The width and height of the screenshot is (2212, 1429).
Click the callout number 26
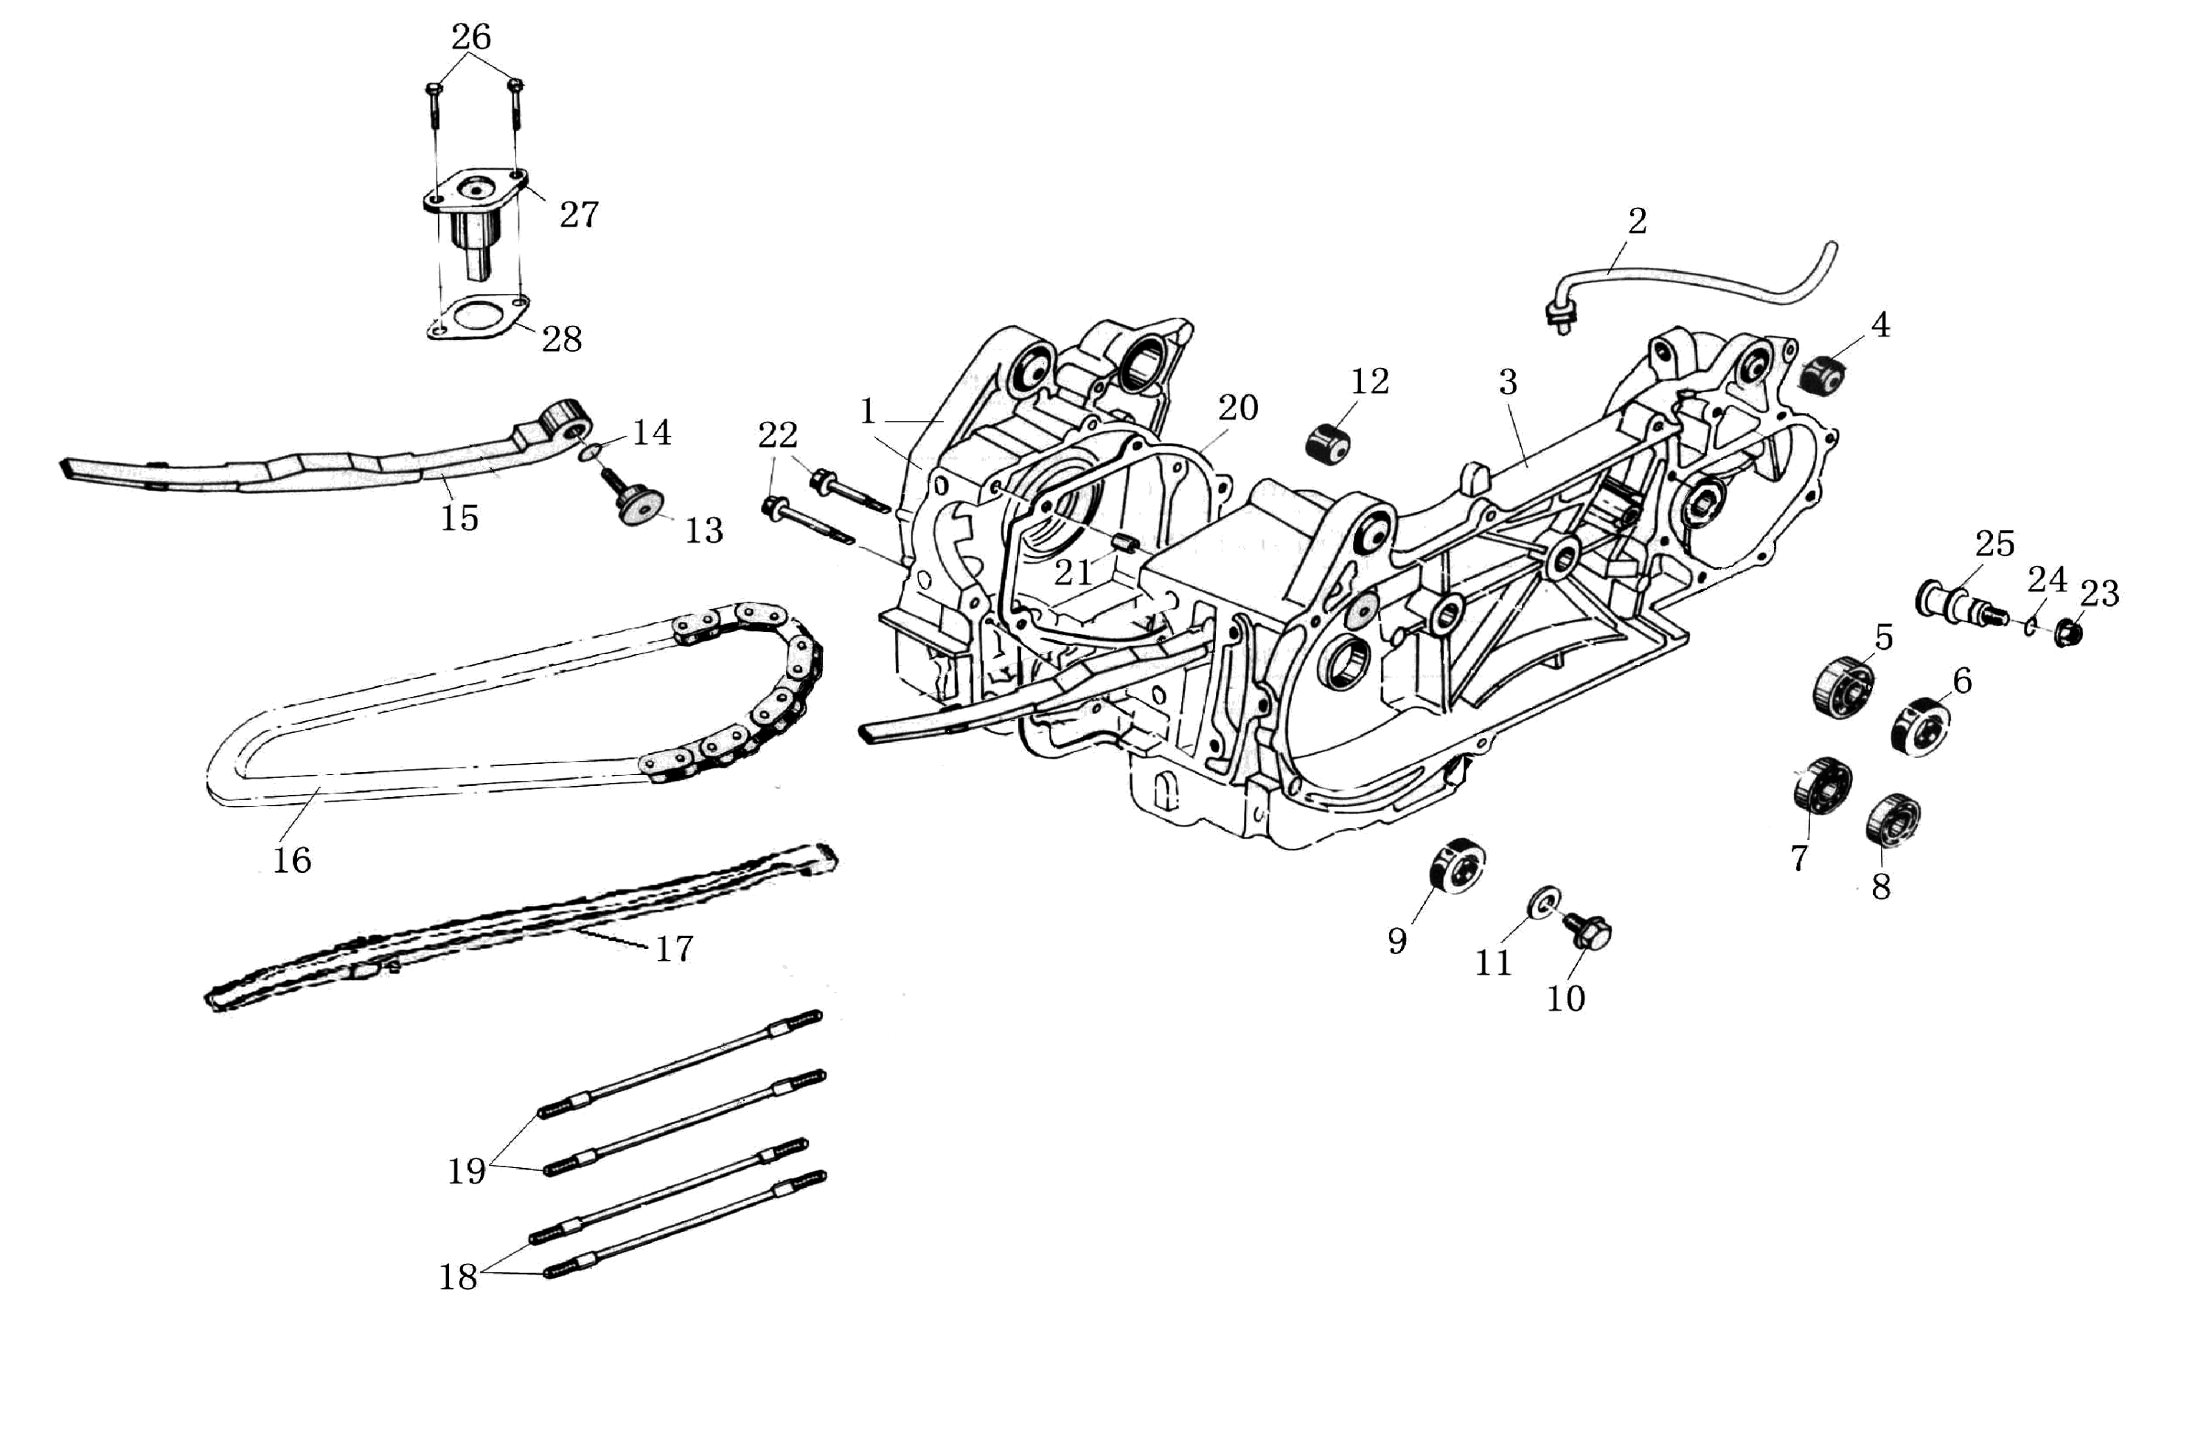(470, 37)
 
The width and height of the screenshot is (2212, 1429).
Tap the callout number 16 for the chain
(291, 860)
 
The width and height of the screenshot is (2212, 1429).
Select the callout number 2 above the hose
(1638, 221)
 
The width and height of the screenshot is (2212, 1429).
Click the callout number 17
(675, 948)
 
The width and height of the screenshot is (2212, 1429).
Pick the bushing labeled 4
(1822, 375)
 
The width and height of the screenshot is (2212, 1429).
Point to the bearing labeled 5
(1843, 686)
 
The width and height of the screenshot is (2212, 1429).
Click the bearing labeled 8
(1893, 820)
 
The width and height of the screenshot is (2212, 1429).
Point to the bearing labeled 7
(1822, 785)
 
